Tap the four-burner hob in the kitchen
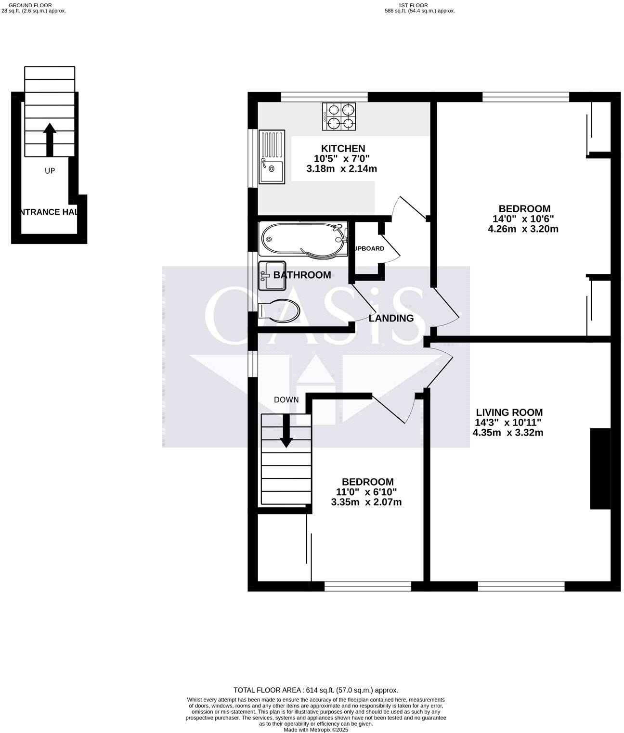(339, 116)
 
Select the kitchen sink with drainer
(272, 157)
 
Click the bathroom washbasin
(272, 276)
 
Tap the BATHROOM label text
(302, 275)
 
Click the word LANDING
(391, 318)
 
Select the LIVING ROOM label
(509, 412)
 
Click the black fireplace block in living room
(600, 468)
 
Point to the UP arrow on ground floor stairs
(50, 139)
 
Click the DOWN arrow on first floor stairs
(286, 431)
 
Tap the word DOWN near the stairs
(286, 400)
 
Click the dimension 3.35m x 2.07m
(366, 502)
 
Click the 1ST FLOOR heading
(413, 5)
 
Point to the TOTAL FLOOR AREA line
(316, 690)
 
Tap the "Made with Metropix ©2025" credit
(316, 730)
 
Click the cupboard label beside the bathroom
(369, 249)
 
